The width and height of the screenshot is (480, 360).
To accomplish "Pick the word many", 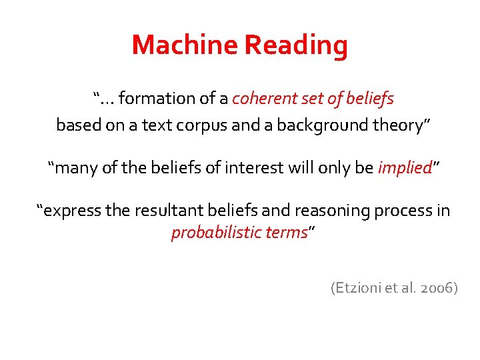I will (75, 167).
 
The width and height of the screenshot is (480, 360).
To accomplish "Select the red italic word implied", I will (404, 168).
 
